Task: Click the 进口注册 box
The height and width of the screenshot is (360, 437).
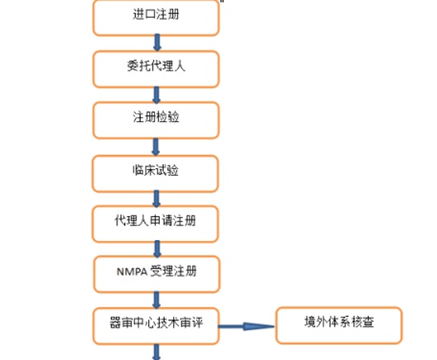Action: tap(156, 18)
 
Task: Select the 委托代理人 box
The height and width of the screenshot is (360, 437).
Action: tap(156, 69)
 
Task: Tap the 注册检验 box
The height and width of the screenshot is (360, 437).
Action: tap(156, 120)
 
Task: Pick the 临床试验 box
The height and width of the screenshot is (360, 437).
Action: tap(155, 174)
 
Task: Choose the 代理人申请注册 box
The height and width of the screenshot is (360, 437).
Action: tap(155, 224)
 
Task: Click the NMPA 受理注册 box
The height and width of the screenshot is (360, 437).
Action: tap(157, 274)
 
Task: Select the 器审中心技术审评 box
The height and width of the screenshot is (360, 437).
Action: tap(156, 326)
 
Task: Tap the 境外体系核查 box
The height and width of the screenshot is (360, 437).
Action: tap(339, 326)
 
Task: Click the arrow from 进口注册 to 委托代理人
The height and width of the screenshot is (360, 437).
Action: tap(157, 42)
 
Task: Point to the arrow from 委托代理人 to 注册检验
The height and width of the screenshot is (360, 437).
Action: tap(156, 94)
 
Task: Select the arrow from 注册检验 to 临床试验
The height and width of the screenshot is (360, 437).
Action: tap(156, 147)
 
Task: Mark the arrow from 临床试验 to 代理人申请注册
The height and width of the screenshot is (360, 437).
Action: tap(157, 198)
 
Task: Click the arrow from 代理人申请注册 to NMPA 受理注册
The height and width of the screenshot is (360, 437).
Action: tap(157, 249)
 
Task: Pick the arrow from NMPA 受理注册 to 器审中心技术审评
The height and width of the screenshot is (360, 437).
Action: tap(157, 300)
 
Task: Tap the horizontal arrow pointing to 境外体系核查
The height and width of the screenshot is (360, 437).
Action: tap(247, 326)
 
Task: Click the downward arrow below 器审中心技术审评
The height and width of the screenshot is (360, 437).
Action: tap(156, 352)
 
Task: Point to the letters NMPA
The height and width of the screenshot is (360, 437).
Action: tap(132, 272)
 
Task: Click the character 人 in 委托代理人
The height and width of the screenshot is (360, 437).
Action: tap(180, 66)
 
